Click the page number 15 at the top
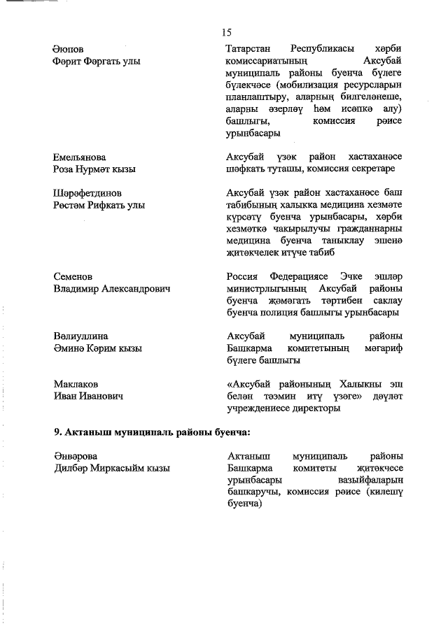[226, 31]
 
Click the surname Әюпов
[68, 49]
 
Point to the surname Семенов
[73, 276]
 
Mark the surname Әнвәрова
[75, 456]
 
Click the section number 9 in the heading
[58, 432]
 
